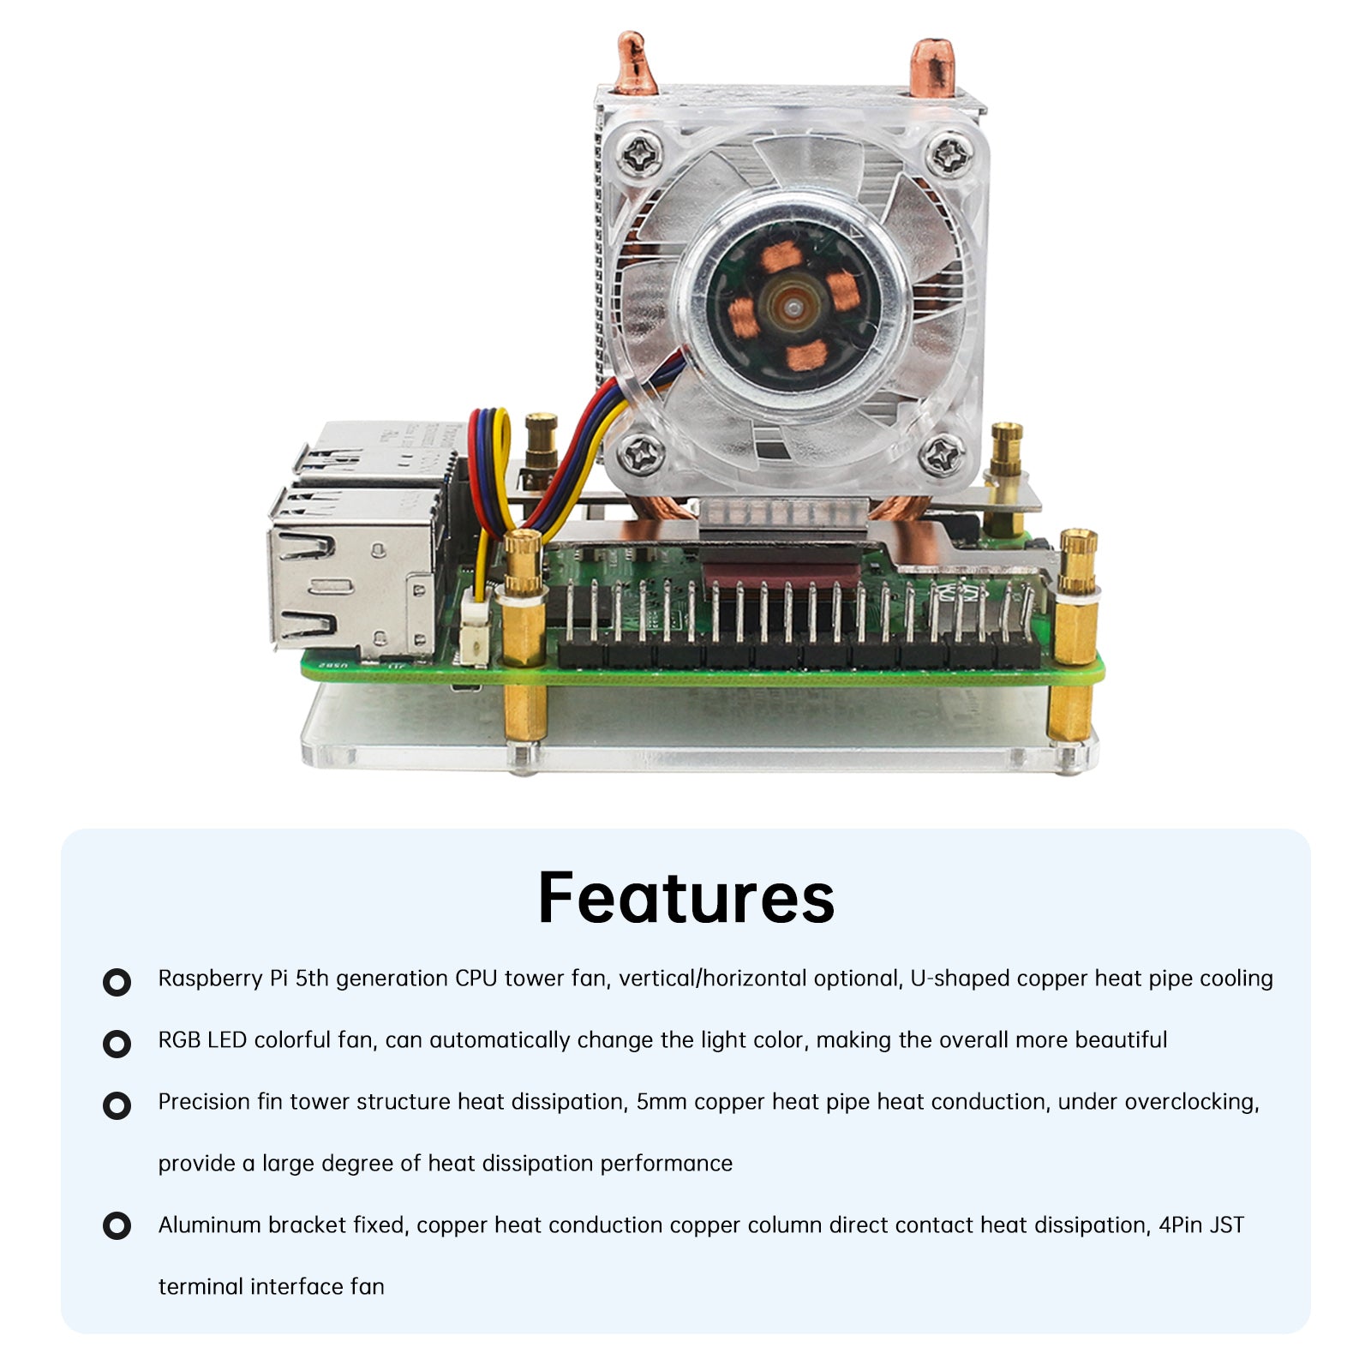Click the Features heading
685,897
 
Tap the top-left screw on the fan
642,154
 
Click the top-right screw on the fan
950,155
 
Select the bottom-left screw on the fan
641,452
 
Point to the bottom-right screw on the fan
943,455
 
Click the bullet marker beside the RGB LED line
117,1044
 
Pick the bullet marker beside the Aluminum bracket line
117,1226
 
